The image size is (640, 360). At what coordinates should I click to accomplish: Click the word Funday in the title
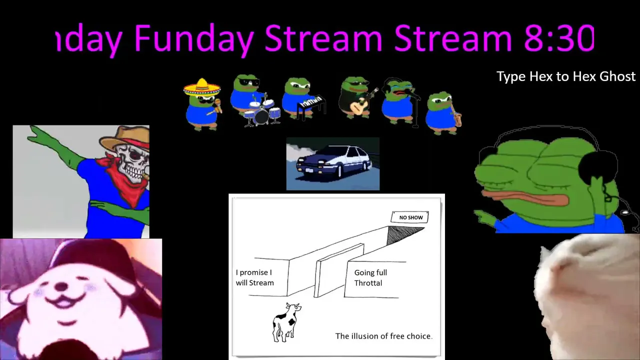coord(194,38)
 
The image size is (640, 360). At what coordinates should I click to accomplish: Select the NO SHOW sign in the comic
coord(410,217)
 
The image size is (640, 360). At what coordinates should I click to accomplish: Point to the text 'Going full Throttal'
coord(370,277)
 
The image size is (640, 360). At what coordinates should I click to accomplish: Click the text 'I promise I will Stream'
coord(254,277)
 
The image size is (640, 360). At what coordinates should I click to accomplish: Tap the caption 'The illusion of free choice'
coord(383,336)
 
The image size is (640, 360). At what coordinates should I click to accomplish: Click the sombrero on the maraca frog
coord(202,87)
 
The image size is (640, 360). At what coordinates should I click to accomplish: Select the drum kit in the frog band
coord(262,111)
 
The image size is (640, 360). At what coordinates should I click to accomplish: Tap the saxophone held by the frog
coord(456,117)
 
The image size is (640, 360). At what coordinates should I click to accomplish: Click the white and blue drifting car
coord(333,161)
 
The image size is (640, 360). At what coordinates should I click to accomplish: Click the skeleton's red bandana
coord(125,177)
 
